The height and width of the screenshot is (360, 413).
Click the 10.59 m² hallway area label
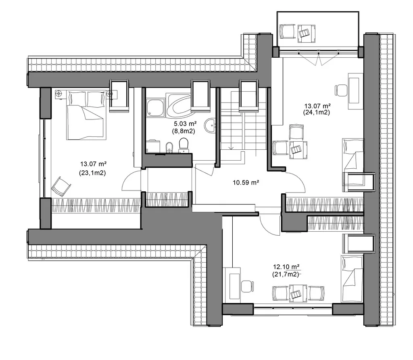(x=246, y=182)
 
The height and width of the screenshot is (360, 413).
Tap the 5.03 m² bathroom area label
(x=185, y=123)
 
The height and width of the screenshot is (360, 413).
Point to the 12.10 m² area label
(x=286, y=267)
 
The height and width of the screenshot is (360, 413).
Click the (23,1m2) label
(x=92, y=173)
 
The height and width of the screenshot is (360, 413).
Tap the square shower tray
(x=155, y=108)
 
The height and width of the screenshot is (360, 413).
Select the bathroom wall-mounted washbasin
(x=211, y=126)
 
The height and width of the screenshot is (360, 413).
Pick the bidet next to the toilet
(x=169, y=148)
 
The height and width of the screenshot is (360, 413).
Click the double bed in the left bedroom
(x=86, y=115)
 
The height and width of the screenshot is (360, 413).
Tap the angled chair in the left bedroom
(x=61, y=186)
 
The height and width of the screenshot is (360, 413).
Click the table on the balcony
(x=307, y=33)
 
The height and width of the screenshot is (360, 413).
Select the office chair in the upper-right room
(x=341, y=90)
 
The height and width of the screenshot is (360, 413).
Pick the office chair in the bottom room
(x=247, y=287)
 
